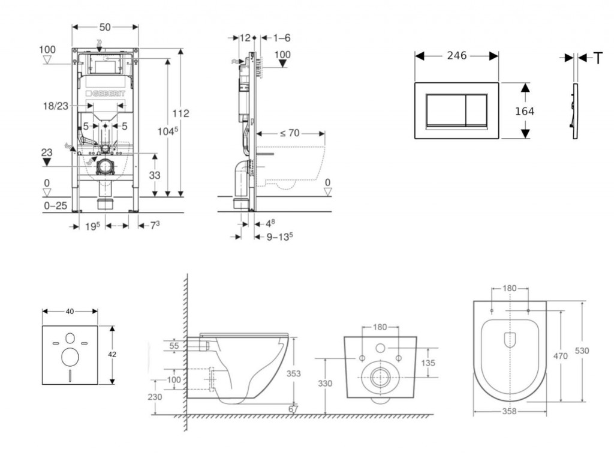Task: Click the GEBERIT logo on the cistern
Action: [x=106, y=94]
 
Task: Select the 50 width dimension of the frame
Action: [x=105, y=28]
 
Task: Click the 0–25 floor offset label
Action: [x=55, y=206]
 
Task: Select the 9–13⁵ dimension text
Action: [x=279, y=236]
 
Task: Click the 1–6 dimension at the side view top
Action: [x=282, y=38]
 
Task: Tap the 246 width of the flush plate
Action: [x=457, y=56]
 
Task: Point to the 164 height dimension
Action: [x=525, y=111]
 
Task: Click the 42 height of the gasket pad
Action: [x=112, y=354]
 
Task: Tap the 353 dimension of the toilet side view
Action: [x=294, y=373]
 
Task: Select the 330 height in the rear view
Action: [x=325, y=384]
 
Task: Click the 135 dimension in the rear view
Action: [x=428, y=363]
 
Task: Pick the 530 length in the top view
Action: [x=582, y=351]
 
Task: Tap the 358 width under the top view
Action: [x=509, y=412]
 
